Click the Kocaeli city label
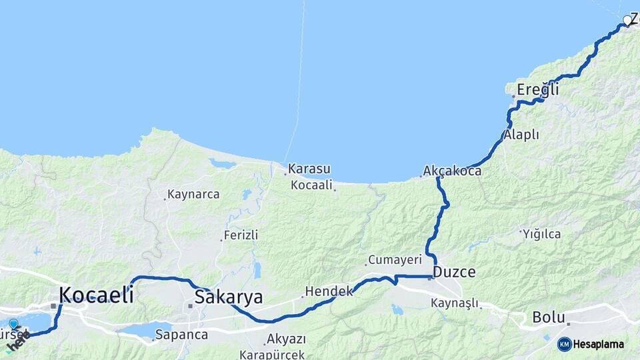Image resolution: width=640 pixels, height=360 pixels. click(96, 294)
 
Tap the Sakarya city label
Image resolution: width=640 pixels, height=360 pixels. click(228, 297)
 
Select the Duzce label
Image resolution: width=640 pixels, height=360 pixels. click(454, 272)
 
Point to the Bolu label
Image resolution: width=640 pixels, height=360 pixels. click(549, 317)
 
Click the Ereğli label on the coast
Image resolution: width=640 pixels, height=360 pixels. click(537, 89)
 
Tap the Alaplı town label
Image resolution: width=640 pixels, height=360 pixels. click(521, 135)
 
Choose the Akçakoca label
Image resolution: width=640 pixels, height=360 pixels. click(453, 171)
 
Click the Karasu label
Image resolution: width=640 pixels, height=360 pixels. click(309, 169)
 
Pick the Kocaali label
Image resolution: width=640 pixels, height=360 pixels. click(311, 185)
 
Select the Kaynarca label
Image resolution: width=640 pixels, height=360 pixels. click(193, 195)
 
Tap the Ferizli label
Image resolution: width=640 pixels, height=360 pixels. click(241, 235)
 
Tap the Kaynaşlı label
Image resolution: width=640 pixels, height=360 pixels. click(455, 303)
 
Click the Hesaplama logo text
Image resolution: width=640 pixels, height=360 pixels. click(598, 345)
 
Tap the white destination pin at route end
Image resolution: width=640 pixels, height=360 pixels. click(627, 21)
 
